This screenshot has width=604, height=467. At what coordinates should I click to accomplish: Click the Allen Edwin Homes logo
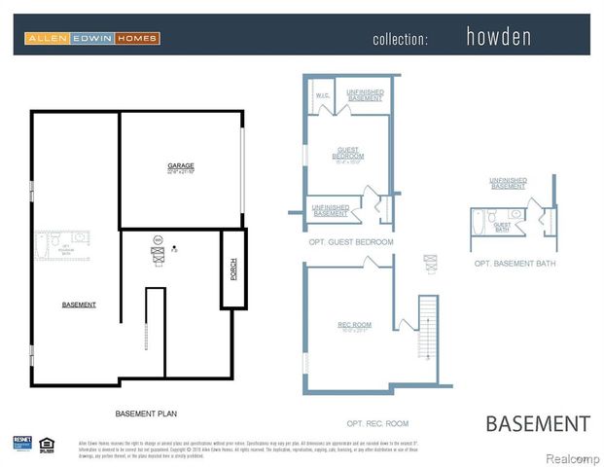click(92, 39)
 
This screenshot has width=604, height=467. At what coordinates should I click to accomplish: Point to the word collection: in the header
click(400, 40)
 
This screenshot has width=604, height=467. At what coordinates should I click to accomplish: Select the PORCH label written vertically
click(233, 269)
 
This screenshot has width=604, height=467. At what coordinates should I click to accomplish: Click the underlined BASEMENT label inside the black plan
click(79, 305)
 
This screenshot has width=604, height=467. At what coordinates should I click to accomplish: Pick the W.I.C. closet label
click(322, 95)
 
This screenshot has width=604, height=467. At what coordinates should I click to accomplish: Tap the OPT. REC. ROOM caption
click(376, 423)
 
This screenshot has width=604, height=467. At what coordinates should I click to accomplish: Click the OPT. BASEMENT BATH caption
click(515, 263)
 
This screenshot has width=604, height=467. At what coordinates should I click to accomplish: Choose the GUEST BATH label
click(503, 227)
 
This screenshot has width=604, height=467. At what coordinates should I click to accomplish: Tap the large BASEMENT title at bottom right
click(537, 423)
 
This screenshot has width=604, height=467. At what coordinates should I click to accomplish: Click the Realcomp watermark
click(572, 457)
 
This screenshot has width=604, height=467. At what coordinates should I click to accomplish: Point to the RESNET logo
click(22, 444)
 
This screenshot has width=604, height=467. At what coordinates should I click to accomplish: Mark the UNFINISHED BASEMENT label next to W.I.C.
click(365, 94)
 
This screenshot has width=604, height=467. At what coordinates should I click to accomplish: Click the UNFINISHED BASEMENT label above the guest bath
click(508, 183)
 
